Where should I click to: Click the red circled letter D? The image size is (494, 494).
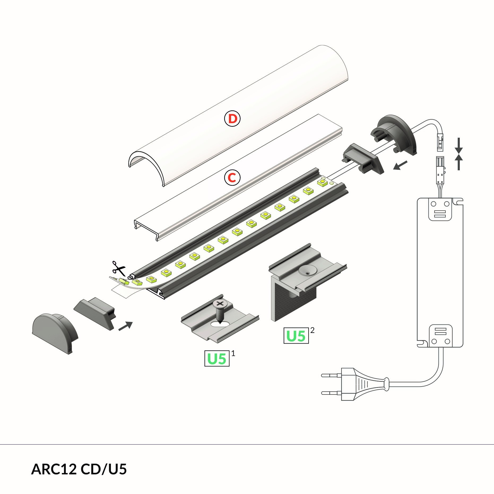click(232, 119)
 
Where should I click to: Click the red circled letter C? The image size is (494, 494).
click(232, 177)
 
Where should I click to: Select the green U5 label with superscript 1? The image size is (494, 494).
click(217, 358)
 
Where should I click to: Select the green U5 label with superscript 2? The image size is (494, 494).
click(296, 336)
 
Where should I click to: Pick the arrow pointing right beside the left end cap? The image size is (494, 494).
click(125, 326)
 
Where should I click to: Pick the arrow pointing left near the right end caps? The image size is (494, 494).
click(400, 165)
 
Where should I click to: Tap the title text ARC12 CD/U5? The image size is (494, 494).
click(79, 469)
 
